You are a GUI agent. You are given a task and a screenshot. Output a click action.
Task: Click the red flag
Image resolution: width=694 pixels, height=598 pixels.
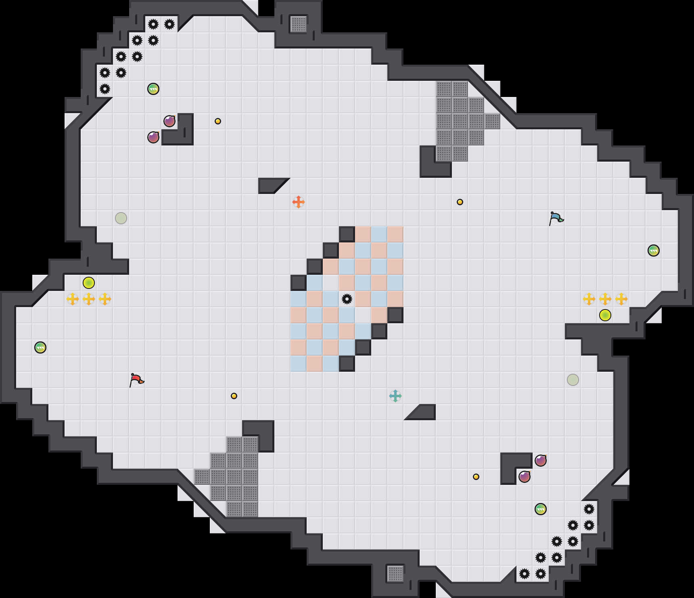pyautogui.click(x=136, y=380)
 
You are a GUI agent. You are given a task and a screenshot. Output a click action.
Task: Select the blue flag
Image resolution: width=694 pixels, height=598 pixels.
pyautogui.click(x=556, y=218)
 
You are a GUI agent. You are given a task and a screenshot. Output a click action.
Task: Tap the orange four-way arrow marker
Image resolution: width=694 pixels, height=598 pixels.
pyautogui.click(x=299, y=202)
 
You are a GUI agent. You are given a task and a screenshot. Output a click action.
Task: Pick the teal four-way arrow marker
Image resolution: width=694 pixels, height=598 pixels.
pyautogui.click(x=395, y=396)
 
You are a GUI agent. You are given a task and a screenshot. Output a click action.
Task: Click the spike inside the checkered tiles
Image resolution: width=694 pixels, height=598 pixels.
pyautogui.click(x=347, y=299)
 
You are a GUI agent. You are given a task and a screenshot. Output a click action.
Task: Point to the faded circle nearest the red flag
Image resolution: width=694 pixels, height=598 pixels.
pyautogui.click(x=121, y=218)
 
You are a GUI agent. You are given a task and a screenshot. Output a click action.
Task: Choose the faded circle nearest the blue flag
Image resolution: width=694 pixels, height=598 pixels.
pyautogui.click(x=573, y=380)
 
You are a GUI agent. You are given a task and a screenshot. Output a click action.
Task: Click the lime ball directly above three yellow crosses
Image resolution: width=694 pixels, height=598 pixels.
pyautogui.click(x=89, y=283)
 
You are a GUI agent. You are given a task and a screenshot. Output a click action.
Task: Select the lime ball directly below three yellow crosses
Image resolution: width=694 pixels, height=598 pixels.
pyautogui.click(x=605, y=315)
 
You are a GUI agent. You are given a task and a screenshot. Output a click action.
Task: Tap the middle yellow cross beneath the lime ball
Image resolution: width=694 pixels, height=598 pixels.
pyautogui.click(x=89, y=299)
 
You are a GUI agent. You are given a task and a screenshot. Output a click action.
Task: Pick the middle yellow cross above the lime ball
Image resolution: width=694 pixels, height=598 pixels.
pyautogui.click(x=605, y=299)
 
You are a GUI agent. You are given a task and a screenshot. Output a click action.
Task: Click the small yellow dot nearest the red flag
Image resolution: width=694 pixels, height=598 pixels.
pyautogui.click(x=234, y=396)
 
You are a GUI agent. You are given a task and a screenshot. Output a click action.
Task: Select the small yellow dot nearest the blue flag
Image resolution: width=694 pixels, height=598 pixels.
pyautogui.click(x=460, y=202)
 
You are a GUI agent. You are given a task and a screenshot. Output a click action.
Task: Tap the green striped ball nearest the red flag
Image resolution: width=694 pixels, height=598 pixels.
pyautogui.click(x=40, y=347)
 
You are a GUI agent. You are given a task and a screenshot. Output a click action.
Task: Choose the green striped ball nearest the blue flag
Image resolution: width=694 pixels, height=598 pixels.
pyautogui.click(x=654, y=251)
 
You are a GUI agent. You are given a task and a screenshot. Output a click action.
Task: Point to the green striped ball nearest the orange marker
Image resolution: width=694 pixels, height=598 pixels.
pyautogui.click(x=153, y=89)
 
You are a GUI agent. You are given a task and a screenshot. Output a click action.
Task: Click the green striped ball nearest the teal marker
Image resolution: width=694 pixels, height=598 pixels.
pyautogui.click(x=541, y=509)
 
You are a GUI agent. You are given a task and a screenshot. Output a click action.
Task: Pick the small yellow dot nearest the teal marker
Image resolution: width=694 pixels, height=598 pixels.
pyautogui.click(x=476, y=477)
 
